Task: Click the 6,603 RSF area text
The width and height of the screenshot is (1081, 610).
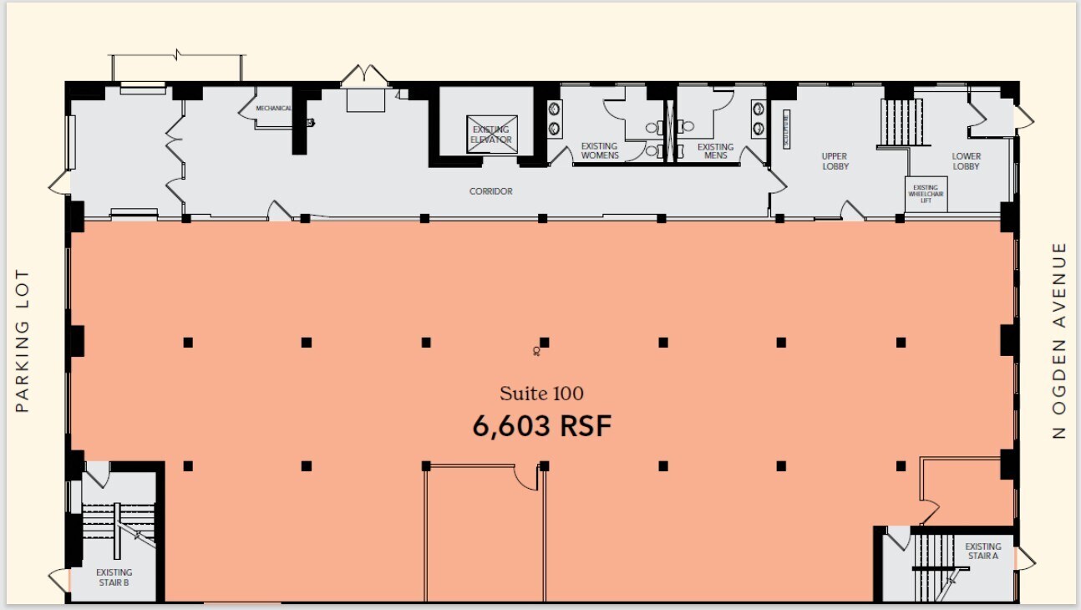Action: (x=542, y=426)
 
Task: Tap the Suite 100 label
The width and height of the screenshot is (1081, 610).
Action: (x=541, y=393)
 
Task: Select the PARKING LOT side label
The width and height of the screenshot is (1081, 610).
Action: (x=23, y=340)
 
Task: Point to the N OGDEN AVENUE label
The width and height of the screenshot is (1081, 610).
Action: (x=1059, y=340)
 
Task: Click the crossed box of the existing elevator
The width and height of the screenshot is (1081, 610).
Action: (x=492, y=134)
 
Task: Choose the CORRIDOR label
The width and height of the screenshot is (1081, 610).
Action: (x=490, y=191)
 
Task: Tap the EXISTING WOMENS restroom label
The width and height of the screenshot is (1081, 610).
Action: (x=600, y=150)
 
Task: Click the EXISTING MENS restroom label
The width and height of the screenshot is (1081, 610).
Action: (x=714, y=150)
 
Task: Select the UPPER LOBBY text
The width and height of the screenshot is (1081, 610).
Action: (x=835, y=160)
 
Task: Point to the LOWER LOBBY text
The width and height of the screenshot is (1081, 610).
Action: (x=966, y=160)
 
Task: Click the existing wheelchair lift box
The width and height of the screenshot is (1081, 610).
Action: (x=925, y=194)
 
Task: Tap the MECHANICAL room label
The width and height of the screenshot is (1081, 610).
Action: (x=273, y=109)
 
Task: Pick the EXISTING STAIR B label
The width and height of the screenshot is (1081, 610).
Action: (x=114, y=577)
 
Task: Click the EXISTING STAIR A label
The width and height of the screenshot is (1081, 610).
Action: (x=982, y=552)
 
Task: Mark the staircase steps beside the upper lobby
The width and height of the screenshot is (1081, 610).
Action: (x=901, y=122)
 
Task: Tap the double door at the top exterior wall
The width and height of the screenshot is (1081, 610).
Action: (x=365, y=75)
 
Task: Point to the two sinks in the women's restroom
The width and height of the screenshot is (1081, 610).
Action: (x=555, y=118)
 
